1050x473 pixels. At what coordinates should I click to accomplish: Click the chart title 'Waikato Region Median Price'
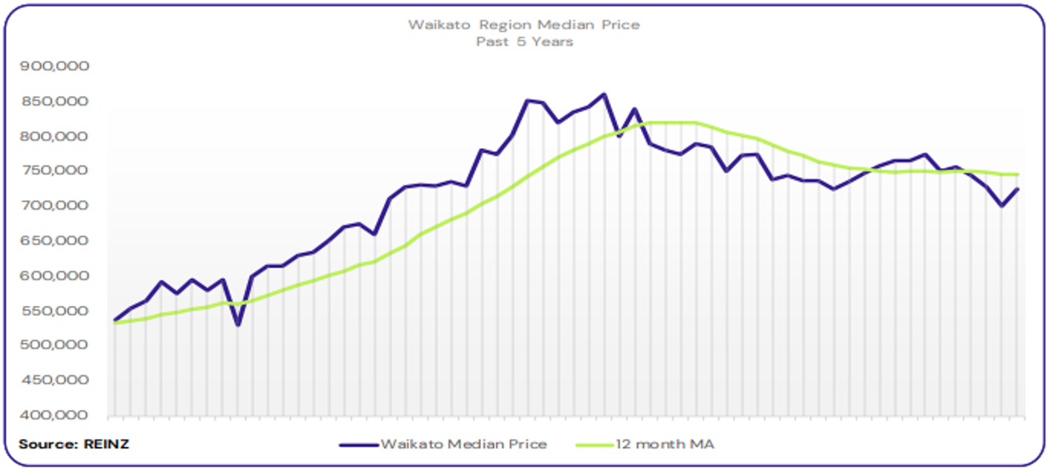tap(524, 24)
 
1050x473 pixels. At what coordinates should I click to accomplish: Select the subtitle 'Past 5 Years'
tap(524, 42)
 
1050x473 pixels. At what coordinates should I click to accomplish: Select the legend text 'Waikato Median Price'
tap(464, 445)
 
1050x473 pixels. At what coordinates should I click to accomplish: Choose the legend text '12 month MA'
tap(667, 445)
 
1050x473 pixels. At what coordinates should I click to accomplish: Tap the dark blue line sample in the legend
tap(359, 445)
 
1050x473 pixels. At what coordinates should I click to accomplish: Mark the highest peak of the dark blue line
tap(604, 95)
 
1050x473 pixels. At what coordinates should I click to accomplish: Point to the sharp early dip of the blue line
tap(237, 325)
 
